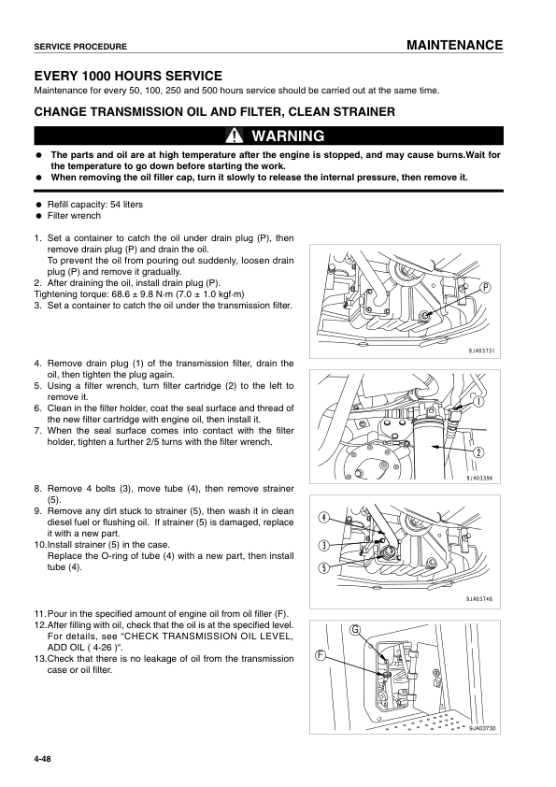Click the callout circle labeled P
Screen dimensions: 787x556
coord(487,288)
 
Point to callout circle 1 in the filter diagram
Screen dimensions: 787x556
coord(478,405)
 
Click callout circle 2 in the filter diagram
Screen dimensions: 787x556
coord(478,452)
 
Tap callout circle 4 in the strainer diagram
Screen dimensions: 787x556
coord(323,519)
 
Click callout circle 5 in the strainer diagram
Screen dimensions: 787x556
coord(323,567)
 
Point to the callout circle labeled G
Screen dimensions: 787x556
coord(356,630)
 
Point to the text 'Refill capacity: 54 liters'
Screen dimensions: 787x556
coord(95,204)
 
